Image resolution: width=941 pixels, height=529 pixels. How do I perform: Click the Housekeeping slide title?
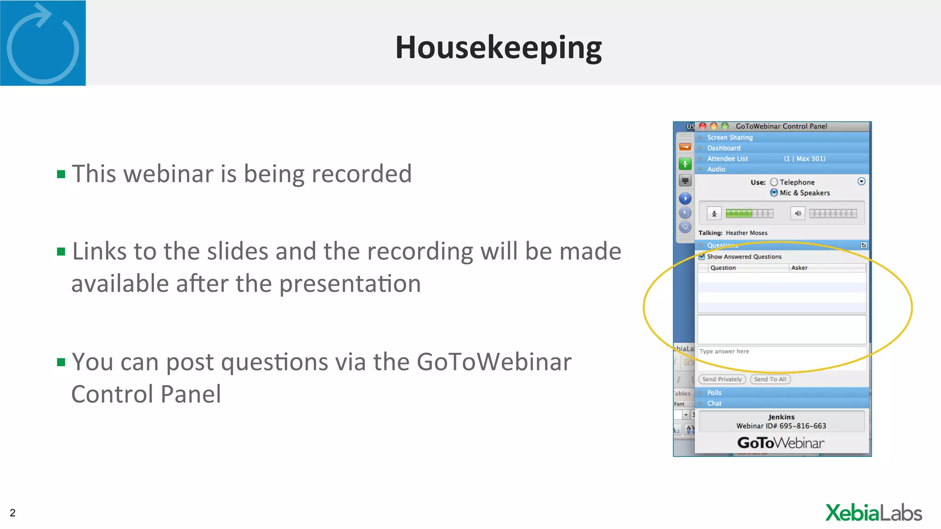tap(499, 48)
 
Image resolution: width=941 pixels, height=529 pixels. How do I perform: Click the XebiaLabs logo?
tap(873, 513)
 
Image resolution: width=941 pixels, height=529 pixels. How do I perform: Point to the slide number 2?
tap(13, 513)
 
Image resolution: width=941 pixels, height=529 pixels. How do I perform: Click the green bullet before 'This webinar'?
tap(61, 174)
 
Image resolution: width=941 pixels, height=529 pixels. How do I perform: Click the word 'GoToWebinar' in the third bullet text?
tap(494, 362)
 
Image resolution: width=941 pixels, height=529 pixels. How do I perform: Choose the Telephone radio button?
tap(774, 182)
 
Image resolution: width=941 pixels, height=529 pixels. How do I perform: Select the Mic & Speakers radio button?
tap(774, 193)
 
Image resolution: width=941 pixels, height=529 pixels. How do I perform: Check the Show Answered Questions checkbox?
tap(702, 257)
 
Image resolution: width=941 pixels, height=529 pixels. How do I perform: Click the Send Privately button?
tap(722, 379)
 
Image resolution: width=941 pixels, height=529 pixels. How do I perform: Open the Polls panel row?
tap(714, 393)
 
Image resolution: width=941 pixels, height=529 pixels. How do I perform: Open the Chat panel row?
tap(714, 403)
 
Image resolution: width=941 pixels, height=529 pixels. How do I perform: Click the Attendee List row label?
tap(727, 158)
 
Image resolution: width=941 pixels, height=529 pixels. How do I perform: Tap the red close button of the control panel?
tap(703, 126)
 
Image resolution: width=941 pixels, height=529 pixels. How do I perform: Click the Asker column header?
tap(799, 268)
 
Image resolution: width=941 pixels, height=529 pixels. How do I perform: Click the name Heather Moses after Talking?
tap(747, 233)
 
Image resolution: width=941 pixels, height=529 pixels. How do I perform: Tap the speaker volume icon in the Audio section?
tap(798, 213)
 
